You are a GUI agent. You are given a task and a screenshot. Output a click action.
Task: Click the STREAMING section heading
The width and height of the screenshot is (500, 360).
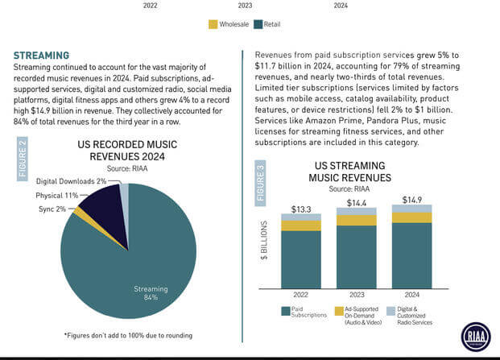[47, 56]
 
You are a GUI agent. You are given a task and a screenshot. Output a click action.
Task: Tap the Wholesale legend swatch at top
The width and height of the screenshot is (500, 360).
[213, 24]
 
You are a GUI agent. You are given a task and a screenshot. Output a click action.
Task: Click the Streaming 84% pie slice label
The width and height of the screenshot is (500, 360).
[146, 292]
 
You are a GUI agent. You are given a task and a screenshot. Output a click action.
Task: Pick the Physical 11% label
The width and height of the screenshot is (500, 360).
[56, 195]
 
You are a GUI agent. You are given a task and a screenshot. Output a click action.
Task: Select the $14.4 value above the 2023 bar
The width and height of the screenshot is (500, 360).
[356, 202]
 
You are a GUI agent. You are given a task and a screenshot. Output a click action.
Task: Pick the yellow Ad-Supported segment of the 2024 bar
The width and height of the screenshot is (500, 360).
[411, 217]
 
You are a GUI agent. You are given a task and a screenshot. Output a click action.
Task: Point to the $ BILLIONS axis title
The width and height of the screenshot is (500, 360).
[264, 241]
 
